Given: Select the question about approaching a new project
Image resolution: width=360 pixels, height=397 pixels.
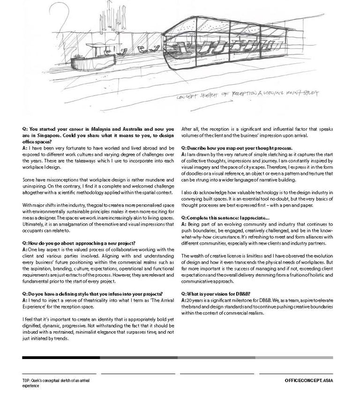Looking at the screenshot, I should click(79, 243).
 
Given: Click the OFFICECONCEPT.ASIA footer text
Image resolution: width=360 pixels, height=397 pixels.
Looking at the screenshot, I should click(308, 381).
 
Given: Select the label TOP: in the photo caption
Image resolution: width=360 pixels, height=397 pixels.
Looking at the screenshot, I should click(27, 381).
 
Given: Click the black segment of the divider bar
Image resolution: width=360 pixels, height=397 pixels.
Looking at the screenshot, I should click(60, 358).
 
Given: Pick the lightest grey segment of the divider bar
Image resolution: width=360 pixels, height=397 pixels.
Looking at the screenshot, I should click(294, 358).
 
